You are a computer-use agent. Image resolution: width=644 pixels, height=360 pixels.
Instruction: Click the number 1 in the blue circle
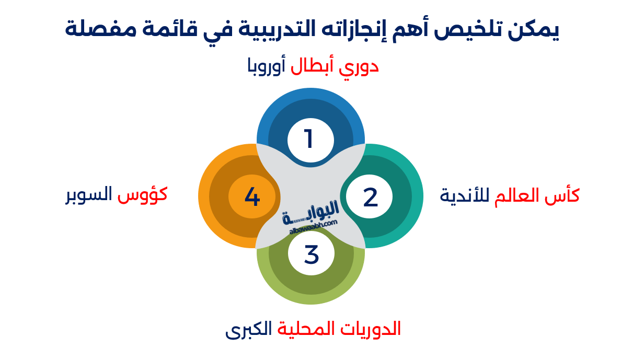click(x=309, y=139)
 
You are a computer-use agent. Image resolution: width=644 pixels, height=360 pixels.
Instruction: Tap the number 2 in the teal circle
click(x=370, y=198)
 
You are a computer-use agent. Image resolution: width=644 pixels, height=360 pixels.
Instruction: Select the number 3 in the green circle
click(x=311, y=255)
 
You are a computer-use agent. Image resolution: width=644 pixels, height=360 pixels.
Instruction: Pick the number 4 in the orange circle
click(x=252, y=198)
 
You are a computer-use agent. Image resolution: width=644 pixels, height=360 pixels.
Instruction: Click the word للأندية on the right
click(x=464, y=196)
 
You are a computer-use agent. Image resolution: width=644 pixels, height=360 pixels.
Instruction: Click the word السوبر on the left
click(x=89, y=195)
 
